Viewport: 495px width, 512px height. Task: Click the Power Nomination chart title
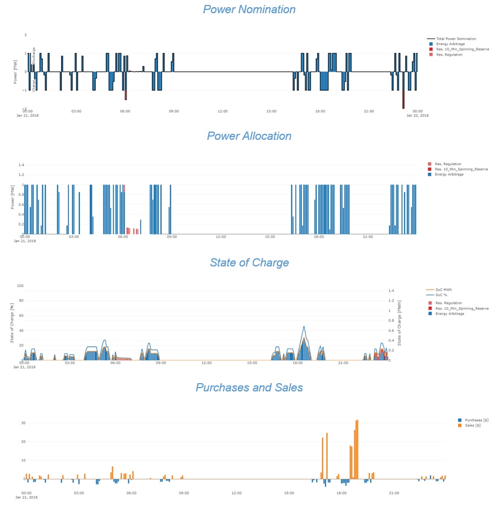[249, 10]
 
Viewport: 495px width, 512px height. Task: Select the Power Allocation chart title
[249, 136]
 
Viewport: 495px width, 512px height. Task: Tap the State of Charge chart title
[249, 263]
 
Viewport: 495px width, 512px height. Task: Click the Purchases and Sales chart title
[249, 388]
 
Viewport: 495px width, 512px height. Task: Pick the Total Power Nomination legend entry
[456, 39]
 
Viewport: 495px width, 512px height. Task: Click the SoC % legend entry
[440, 295]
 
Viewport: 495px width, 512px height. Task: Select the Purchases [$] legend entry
[476, 420]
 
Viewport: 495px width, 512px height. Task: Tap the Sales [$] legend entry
[472, 425]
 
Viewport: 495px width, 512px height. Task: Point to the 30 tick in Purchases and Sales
[17, 423]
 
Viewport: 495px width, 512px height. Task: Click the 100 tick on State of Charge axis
[20, 286]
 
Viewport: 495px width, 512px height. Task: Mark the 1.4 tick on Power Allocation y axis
[21, 165]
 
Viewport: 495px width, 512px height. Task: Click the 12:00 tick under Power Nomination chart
[222, 111]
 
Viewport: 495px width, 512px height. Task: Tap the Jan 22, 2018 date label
[417, 116]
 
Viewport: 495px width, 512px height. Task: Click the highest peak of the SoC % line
[303, 326]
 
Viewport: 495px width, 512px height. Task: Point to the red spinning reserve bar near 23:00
[403, 100]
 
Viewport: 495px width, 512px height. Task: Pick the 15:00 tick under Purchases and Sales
[289, 493]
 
